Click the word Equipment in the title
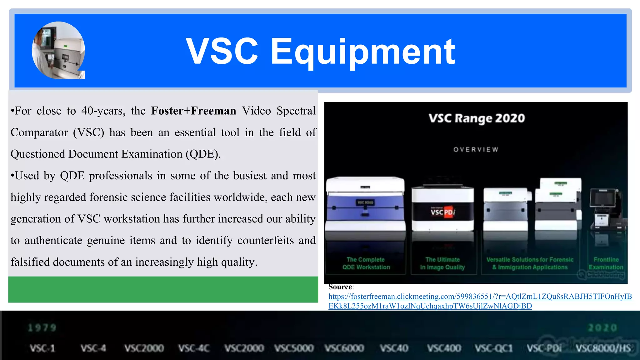point(362,52)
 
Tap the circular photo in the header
point(58,50)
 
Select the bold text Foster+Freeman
point(193,111)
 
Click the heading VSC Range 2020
point(477,118)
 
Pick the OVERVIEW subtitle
point(476,150)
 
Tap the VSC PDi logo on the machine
point(442,212)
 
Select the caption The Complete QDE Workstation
point(366,263)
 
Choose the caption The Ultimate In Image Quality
point(442,263)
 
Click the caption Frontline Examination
point(606,263)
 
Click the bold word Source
point(340,287)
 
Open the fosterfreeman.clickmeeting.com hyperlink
point(480,297)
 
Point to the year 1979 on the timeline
point(42,328)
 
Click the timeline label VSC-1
point(42,348)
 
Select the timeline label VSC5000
point(294,348)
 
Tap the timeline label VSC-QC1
point(494,348)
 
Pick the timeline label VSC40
point(394,348)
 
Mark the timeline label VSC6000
point(344,348)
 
